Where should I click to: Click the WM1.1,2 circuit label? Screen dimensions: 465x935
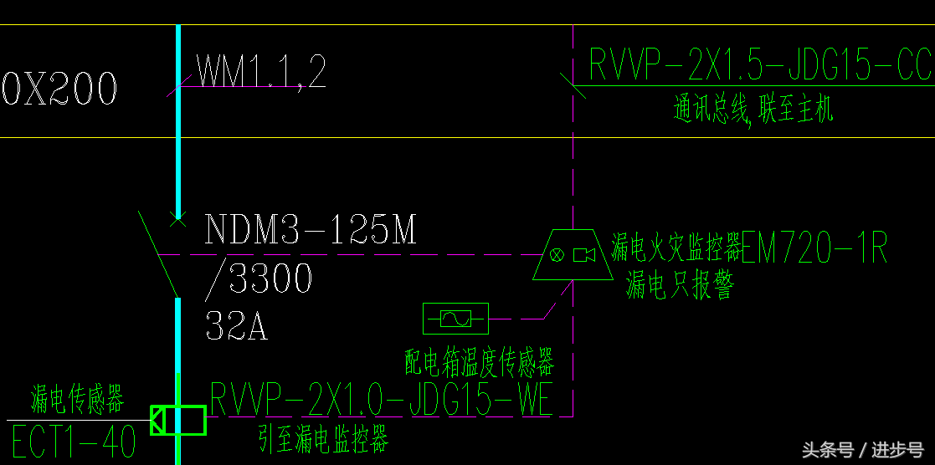click(261, 71)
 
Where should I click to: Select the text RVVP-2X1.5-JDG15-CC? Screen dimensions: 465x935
click(760, 65)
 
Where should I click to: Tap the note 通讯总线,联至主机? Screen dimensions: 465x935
click(753, 110)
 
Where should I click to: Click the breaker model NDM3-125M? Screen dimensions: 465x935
click(311, 229)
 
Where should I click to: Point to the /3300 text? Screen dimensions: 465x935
click(259, 279)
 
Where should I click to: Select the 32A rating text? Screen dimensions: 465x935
click(236, 326)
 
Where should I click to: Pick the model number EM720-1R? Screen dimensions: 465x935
click(814, 248)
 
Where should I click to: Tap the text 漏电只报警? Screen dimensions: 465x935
click(680, 287)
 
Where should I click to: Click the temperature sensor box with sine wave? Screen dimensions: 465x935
click(455, 319)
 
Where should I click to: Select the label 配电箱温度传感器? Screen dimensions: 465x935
click(480, 363)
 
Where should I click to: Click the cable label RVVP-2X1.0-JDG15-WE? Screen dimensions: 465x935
click(382, 399)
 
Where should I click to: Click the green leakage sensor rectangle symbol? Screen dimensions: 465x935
click(179, 420)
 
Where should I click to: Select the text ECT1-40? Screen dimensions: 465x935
click(74, 442)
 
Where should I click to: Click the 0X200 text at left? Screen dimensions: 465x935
click(59, 88)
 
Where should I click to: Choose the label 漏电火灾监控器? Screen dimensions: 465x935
click(676, 248)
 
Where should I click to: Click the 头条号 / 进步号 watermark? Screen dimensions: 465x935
click(862, 450)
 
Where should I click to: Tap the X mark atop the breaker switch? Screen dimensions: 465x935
click(177, 219)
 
